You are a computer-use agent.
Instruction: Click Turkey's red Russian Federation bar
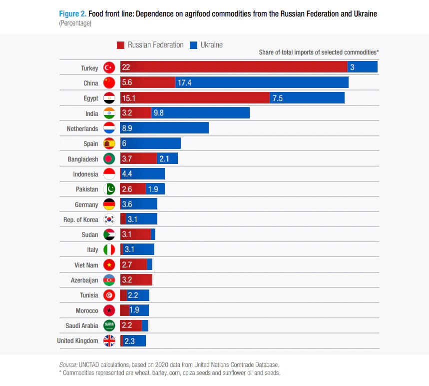233,67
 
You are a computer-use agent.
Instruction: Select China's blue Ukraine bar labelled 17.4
261,82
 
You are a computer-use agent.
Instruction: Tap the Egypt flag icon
109,98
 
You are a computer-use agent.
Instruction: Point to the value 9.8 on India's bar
159,113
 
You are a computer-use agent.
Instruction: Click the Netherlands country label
82,128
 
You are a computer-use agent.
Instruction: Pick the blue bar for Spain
150,143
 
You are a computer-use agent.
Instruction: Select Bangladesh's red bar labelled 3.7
138,158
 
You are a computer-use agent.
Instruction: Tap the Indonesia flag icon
109,174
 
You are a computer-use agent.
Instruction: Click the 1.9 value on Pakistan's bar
153,189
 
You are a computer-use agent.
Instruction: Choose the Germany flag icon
109,204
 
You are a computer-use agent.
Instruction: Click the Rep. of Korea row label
81,219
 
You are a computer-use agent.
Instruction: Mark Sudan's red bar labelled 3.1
135,234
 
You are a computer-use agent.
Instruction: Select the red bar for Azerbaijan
136,280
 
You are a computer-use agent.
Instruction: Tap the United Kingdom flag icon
109,341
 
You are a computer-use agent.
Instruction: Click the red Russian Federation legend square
120,45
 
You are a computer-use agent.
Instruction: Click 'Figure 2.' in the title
73,14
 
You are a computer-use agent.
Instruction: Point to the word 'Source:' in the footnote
68,364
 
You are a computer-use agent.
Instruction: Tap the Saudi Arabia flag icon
109,325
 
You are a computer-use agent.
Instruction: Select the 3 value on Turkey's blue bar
352,67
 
